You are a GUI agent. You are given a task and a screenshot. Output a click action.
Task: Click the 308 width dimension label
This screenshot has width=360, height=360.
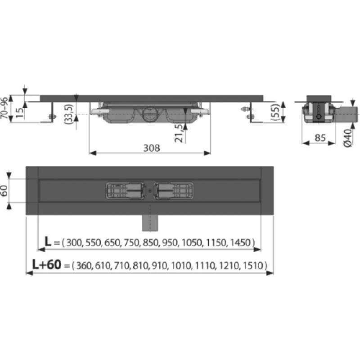click(151, 148)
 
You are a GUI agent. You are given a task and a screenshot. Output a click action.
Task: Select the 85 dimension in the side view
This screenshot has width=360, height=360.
click(320, 138)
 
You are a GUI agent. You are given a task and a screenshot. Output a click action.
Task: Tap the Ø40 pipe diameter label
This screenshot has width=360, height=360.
click(348, 138)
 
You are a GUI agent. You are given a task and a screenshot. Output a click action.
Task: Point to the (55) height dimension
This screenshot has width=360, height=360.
click(275, 112)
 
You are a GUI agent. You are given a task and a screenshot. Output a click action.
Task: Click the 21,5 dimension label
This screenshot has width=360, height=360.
click(179, 133)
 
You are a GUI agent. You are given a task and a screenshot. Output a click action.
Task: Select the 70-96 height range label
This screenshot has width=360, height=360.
click(4, 108)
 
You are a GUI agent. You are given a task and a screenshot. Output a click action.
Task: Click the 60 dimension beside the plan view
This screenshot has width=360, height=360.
click(4, 190)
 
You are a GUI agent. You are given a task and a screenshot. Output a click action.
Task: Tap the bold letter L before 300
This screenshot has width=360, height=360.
click(48, 242)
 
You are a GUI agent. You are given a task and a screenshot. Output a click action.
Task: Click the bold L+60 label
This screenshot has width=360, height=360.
click(47, 265)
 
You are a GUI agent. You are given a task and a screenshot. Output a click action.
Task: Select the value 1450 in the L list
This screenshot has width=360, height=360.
click(240, 243)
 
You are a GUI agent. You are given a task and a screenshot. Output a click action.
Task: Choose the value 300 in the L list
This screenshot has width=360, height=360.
click(74, 243)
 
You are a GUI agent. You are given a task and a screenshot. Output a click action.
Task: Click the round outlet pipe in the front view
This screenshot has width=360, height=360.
click(150, 114)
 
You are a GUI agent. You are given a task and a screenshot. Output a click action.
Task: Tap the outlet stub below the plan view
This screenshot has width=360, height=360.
click(150, 223)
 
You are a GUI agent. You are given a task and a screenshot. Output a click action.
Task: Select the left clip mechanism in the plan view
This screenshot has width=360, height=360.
click(126, 190)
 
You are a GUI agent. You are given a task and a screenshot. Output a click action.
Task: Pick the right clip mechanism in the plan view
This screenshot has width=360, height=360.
click(174, 190)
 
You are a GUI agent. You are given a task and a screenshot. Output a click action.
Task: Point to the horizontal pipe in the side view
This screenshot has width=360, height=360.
click(346, 114)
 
